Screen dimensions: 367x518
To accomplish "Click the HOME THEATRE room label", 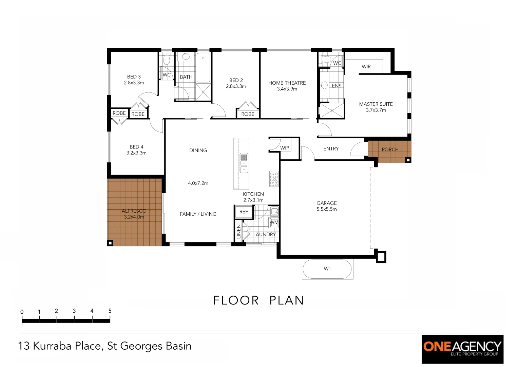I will click(287, 83).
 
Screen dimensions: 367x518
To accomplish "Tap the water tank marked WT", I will click(327, 269).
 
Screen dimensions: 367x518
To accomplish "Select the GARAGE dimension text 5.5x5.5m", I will click(327, 209).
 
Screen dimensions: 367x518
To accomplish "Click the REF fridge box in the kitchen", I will click(244, 212).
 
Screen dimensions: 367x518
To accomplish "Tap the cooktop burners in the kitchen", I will click(274, 179).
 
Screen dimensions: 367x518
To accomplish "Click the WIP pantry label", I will click(285, 148).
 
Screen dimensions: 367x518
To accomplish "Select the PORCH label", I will click(390, 150).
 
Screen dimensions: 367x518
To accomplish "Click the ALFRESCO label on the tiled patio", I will click(134, 211).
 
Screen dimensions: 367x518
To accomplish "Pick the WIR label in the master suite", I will click(366, 67).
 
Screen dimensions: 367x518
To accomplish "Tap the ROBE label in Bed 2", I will click(248, 114).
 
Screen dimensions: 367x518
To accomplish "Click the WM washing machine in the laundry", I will click(274, 223).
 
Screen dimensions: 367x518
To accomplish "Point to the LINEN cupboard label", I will click(238, 231).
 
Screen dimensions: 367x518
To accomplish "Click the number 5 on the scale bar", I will click(110, 311).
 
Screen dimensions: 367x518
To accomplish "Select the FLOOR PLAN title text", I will click(258, 300).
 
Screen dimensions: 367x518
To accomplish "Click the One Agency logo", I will click(462, 349).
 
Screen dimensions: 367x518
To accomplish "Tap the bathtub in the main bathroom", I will click(203, 68).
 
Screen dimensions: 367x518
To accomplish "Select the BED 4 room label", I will click(136, 147).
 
